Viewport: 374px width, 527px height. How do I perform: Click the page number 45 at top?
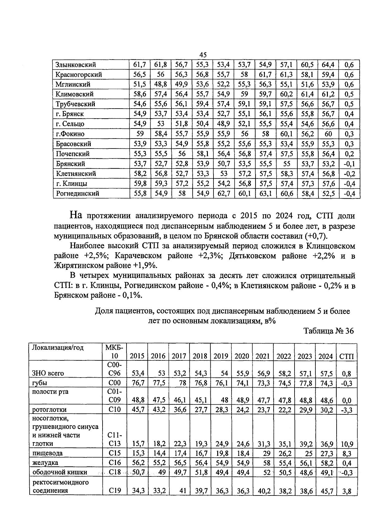tap(203, 55)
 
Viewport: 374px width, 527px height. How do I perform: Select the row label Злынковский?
tap(75, 65)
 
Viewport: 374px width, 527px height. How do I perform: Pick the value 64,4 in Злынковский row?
tap(328, 65)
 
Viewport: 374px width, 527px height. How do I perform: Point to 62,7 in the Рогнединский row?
tap(223, 193)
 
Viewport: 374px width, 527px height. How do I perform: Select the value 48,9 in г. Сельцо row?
tap(223, 124)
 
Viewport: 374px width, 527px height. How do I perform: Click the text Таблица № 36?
tap(329, 331)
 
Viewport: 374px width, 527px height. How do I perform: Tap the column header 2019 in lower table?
tap(221, 356)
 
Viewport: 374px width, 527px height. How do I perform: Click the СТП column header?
tap(347, 356)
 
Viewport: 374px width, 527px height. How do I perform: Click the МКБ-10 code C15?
tap(115, 453)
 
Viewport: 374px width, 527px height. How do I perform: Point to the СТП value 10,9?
tap(347, 444)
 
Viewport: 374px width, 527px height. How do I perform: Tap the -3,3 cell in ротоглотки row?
tap(347, 410)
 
